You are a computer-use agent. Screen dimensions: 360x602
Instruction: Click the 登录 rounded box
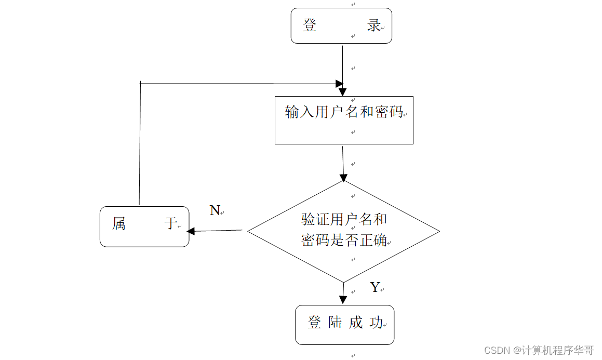tap(341, 25)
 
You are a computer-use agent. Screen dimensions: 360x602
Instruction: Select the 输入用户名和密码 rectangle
tap(343, 120)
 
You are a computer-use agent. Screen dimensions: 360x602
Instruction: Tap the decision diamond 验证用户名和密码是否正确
tap(343, 231)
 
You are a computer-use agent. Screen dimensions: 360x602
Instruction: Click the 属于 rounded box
tap(144, 226)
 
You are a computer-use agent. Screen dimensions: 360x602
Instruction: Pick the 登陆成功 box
tap(344, 325)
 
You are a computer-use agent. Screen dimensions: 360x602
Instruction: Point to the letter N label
tap(215, 210)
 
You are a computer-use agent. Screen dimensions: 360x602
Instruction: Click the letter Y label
tap(375, 287)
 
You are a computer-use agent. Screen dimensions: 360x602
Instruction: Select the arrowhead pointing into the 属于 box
tap(191, 231)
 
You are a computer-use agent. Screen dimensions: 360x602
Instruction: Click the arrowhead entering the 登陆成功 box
tap(343, 300)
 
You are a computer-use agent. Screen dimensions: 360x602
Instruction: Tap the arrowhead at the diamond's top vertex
tap(343, 177)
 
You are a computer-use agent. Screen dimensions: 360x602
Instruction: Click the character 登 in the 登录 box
tap(310, 25)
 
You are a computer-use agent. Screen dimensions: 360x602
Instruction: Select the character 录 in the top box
tap(374, 25)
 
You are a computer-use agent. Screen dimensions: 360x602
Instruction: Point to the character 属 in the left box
tap(119, 224)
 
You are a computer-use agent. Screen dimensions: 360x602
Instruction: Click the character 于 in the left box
tap(171, 224)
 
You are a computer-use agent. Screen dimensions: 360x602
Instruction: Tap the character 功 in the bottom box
tap(376, 323)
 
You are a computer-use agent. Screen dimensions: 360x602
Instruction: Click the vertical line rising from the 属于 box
tap(140, 145)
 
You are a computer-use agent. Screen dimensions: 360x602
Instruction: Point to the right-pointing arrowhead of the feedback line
tap(339, 84)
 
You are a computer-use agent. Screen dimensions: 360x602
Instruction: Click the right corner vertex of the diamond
tap(439, 231)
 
